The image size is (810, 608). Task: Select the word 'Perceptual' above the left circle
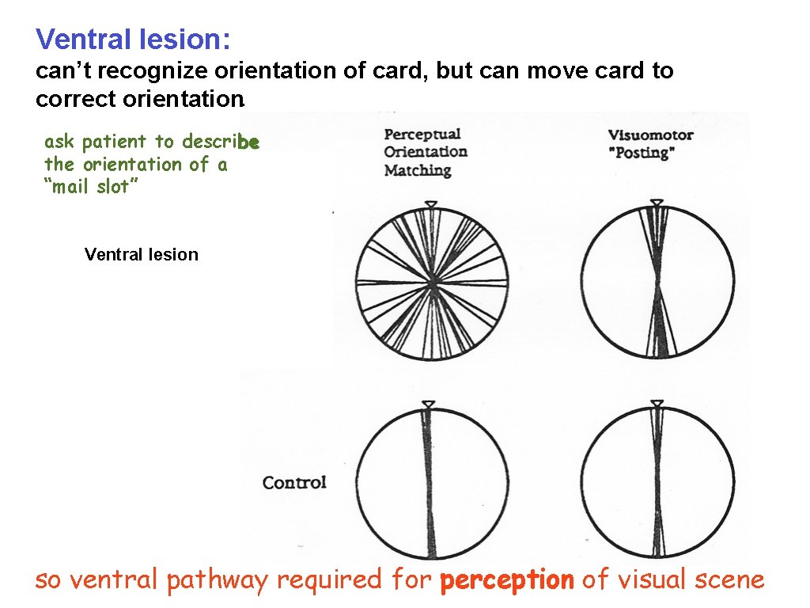[x=422, y=134]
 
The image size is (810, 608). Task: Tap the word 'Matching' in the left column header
[x=417, y=170]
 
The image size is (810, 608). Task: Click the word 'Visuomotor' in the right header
[x=650, y=135]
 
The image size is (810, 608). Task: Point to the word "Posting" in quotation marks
[x=639, y=154]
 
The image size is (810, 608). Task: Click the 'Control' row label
[x=294, y=482]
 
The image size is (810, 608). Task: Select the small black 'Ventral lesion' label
[x=141, y=254]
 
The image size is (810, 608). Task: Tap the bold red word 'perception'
[x=507, y=580]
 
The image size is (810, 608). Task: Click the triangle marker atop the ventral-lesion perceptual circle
[x=431, y=205]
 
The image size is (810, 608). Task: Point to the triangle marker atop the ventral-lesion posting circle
[x=657, y=203]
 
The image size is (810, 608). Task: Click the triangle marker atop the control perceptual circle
[x=428, y=405]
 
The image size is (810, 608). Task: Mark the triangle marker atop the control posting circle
[x=657, y=405]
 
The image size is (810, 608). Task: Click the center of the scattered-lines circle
[x=432, y=284]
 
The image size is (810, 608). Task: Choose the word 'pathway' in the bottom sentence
[x=218, y=580]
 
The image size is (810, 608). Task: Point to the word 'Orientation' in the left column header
[x=426, y=152]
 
